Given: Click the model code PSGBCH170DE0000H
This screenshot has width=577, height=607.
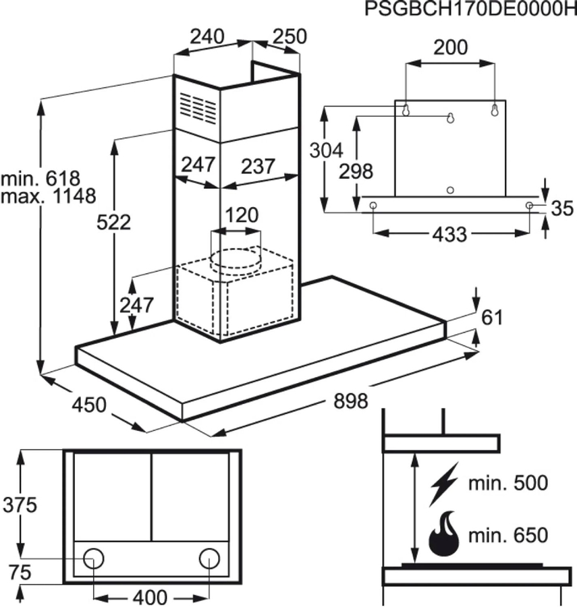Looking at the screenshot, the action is [471, 9].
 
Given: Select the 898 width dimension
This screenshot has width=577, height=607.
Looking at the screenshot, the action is [351, 401].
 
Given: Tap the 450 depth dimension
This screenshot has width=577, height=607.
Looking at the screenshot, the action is [89, 405].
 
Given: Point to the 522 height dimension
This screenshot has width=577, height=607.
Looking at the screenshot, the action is [113, 223].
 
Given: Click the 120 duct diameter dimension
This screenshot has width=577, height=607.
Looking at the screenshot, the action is [242, 215].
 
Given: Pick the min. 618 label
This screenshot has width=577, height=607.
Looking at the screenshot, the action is [40, 179].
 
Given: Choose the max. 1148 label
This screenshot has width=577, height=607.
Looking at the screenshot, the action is [48, 196].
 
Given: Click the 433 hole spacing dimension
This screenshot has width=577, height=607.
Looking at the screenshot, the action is [450, 234].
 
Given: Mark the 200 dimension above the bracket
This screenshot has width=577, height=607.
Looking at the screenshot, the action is [450, 48].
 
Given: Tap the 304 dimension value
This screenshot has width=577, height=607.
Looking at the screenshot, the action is [327, 150].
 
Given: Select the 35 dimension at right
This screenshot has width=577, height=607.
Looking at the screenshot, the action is [562, 208].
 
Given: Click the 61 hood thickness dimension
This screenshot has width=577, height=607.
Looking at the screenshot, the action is [492, 318].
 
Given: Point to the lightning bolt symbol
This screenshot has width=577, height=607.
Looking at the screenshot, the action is [445, 484].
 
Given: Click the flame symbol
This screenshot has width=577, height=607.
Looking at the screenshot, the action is [444, 534].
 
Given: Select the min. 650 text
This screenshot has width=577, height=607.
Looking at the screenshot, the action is [508, 536].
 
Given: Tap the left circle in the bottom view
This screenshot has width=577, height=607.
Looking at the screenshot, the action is [94, 559].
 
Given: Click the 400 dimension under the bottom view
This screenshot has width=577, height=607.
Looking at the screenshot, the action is [150, 597].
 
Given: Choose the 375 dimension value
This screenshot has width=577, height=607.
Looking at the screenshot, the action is [20, 505].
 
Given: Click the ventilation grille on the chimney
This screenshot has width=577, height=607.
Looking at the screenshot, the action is [198, 109].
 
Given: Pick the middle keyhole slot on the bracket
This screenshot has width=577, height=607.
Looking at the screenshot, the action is [450, 118].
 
